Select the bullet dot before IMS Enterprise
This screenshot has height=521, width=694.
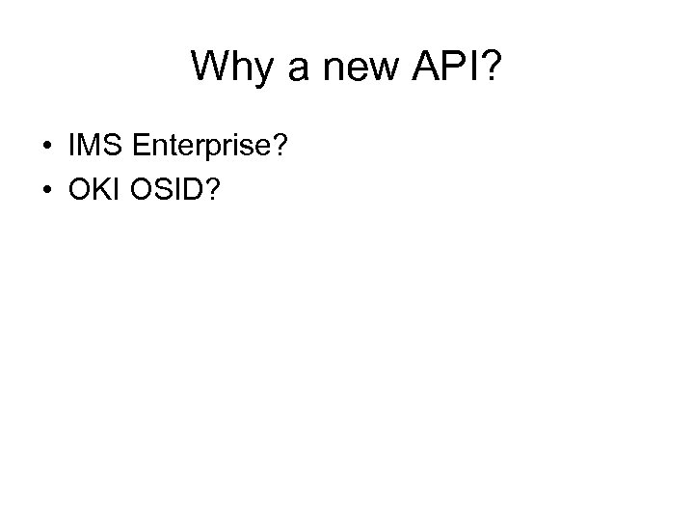47,148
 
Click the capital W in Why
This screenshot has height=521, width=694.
210,67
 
